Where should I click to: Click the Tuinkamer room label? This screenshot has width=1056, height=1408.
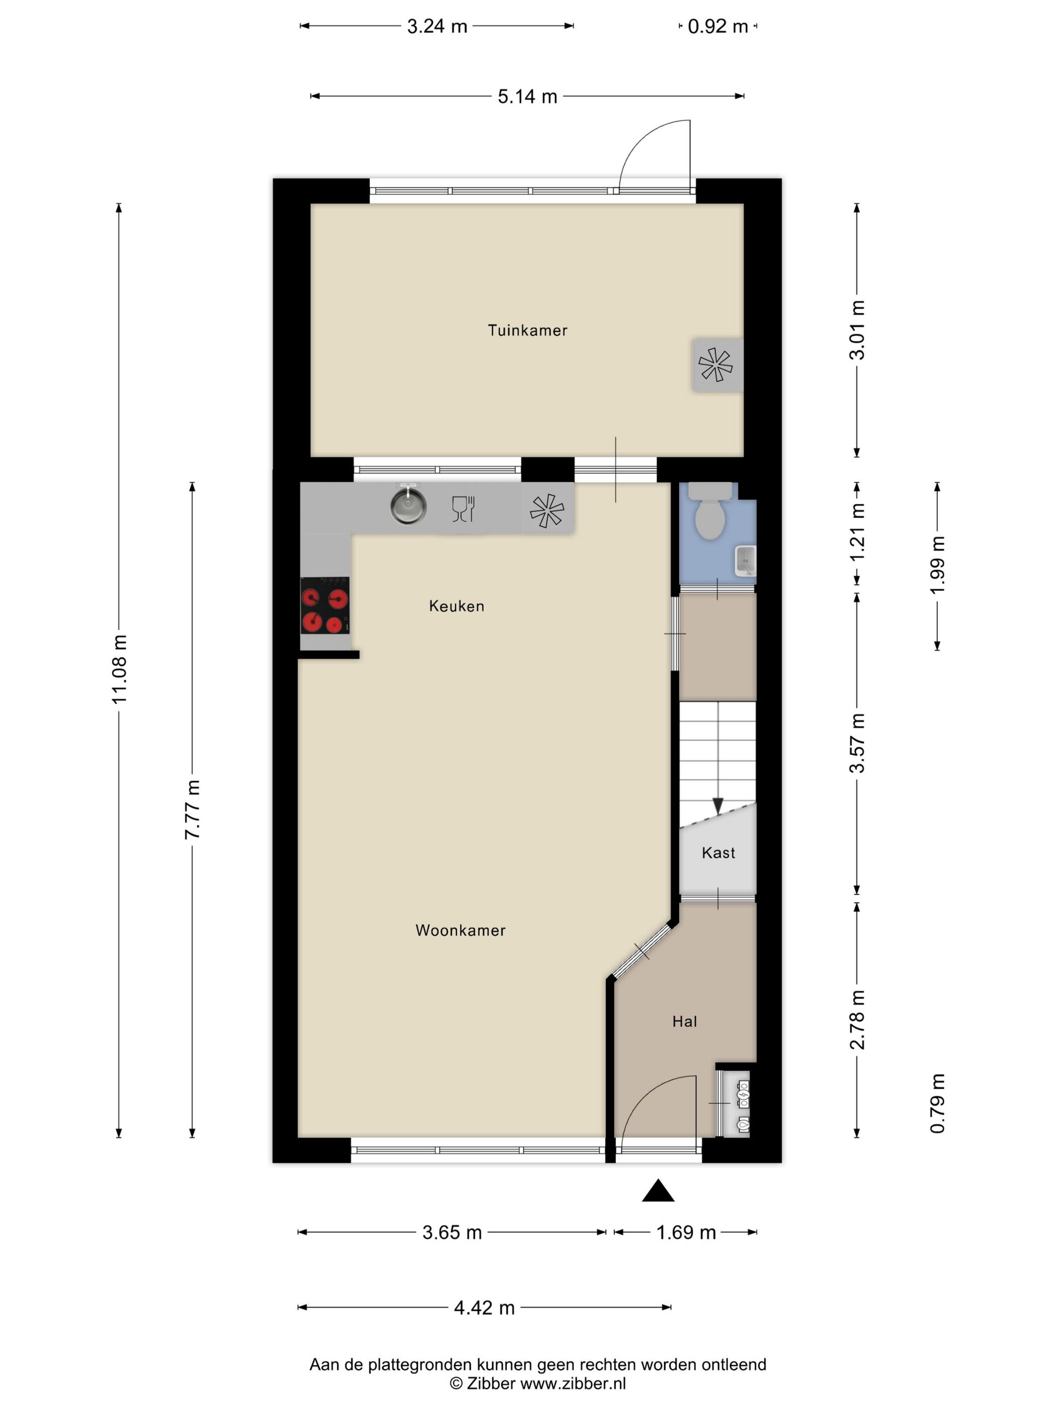[x=527, y=330]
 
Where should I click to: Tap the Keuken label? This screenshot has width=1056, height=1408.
[x=457, y=606]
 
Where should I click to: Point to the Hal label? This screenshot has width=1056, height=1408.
[x=684, y=1022]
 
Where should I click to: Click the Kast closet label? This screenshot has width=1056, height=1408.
[x=718, y=853]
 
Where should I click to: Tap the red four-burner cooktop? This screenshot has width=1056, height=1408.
[x=325, y=605]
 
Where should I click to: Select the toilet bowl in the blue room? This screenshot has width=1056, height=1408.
[x=709, y=512]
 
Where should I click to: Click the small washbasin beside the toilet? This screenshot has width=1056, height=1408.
[x=745, y=561]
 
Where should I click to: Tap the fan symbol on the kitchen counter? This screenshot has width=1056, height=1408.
[x=547, y=511]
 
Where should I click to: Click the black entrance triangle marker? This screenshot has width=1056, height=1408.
[x=658, y=1190]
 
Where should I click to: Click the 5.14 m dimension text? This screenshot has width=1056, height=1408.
[x=527, y=97]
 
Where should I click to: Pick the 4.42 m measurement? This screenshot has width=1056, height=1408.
[x=484, y=1307]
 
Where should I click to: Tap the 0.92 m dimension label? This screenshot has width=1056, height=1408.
[x=718, y=27]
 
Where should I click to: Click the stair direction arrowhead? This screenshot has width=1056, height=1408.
[x=718, y=807]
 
